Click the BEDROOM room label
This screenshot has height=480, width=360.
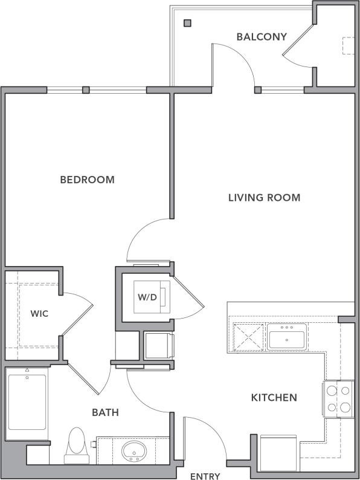(x=88, y=180)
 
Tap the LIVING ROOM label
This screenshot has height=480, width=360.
(x=264, y=198)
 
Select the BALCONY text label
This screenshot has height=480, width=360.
(x=261, y=37)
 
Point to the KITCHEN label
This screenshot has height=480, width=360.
(x=274, y=397)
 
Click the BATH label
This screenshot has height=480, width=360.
(x=105, y=413)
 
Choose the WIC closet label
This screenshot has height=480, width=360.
(x=39, y=314)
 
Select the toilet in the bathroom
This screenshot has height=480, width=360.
(x=76, y=446)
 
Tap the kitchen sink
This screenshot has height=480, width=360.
(x=288, y=336)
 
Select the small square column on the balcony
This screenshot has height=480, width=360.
(x=187, y=24)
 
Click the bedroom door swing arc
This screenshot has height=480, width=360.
(x=145, y=233)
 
